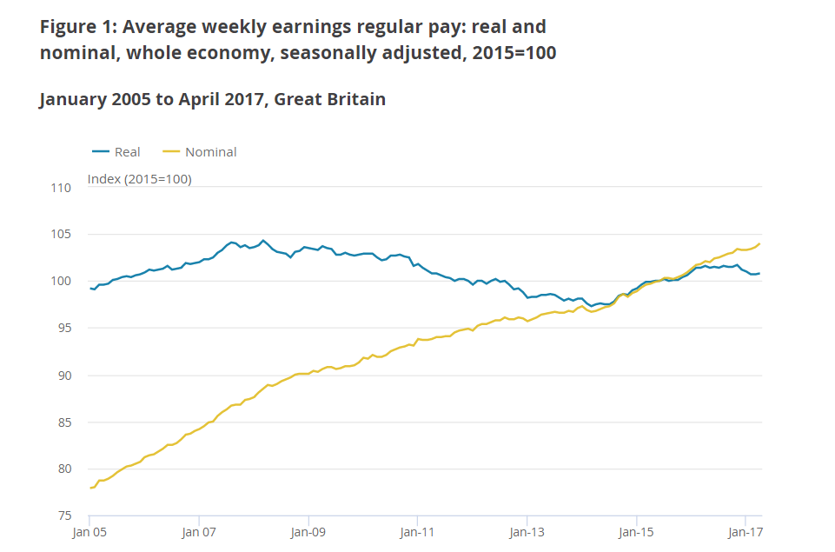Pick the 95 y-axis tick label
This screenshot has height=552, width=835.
pyautogui.click(x=64, y=328)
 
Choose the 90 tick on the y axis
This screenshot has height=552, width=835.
pyautogui.click(x=64, y=375)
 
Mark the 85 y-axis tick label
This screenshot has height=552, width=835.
pyautogui.click(x=64, y=422)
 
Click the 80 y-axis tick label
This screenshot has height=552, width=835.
pyautogui.click(x=64, y=469)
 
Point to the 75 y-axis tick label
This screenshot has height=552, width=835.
pyautogui.click(x=64, y=515)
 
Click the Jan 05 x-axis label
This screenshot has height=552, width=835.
pyautogui.click(x=89, y=532)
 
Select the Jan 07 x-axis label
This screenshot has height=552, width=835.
pyautogui.click(x=199, y=532)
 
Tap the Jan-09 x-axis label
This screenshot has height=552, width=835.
pyautogui.click(x=308, y=532)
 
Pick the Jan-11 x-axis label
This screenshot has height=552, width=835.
pyautogui.click(x=417, y=532)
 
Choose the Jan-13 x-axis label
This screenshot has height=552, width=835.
pyautogui.click(x=527, y=532)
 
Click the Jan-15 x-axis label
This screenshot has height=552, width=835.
pyautogui.click(x=635, y=532)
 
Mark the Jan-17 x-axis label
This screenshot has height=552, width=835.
pyautogui.click(x=745, y=532)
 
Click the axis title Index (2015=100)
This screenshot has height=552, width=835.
pyautogui.click(x=140, y=179)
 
